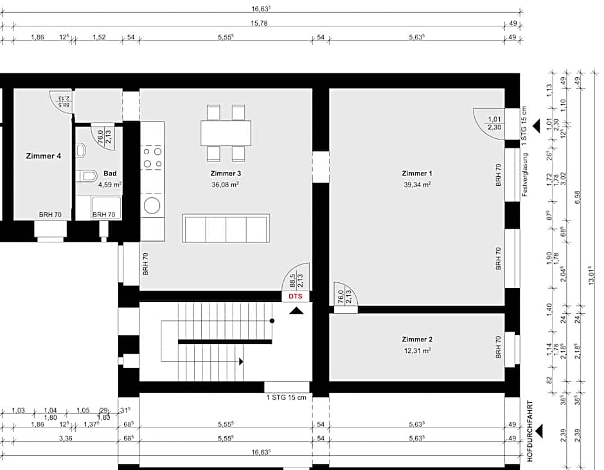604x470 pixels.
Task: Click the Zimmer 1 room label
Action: point(416,173)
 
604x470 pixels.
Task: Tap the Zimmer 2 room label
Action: point(416,339)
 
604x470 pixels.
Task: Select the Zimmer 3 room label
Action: point(225,173)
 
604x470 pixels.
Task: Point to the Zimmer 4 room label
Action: point(44,156)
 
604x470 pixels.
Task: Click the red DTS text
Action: point(295,296)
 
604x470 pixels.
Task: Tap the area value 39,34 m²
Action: point(416,185)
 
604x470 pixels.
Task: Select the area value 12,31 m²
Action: point(416,350)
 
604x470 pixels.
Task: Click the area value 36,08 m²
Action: point(225,185)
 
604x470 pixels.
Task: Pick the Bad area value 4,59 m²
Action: point(110,185)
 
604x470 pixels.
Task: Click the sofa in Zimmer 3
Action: point(225,228)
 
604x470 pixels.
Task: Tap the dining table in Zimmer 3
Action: point(226,133)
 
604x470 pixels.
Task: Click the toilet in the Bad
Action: point(88,176)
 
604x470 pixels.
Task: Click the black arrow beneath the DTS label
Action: point(296,311)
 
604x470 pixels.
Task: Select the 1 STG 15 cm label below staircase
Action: point(286,397)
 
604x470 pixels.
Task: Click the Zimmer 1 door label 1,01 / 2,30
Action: point(494,123)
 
